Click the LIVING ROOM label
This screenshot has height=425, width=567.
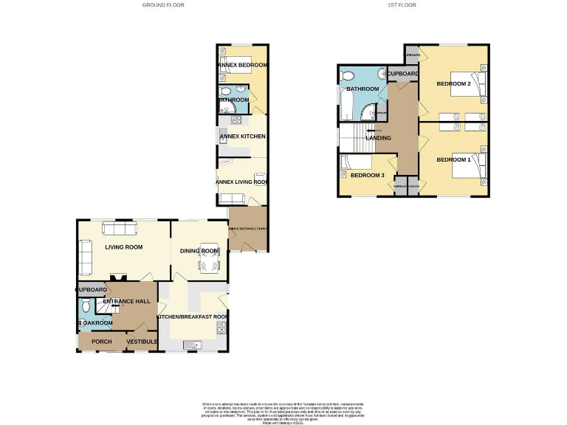[123, 247]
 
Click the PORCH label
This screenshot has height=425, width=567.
[101, 342]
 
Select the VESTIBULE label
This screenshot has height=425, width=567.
[142, 342]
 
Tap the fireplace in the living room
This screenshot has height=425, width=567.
[117, 277]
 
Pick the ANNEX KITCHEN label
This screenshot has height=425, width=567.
[242, 137]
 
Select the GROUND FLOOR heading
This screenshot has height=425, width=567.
[163, 5]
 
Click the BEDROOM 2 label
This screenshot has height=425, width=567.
[453, 84]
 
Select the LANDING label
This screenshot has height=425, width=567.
[378, 138]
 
